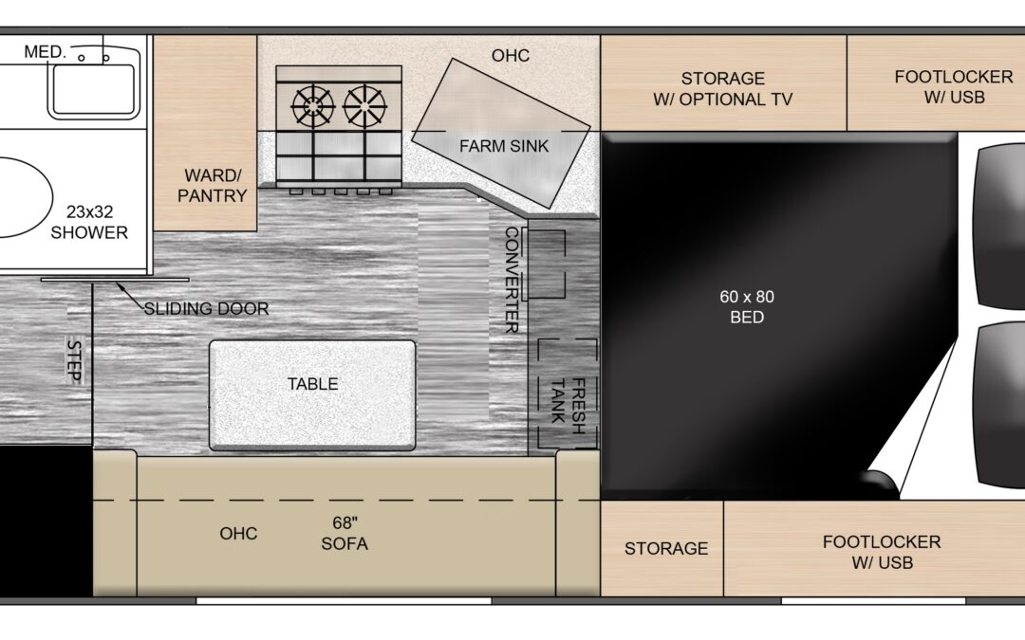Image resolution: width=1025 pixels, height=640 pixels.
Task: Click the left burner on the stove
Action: point(313,106)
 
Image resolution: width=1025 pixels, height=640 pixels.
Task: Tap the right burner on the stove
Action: point(364,106)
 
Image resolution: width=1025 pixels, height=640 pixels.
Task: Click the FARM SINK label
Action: point(503,146)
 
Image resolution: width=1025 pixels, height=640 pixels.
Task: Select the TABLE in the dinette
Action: point(312,395)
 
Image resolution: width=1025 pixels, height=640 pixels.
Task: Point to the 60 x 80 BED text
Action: point(747,306)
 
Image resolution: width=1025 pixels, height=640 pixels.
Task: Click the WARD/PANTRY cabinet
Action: point(205,134)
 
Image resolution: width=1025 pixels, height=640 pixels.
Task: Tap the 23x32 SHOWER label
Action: point(89,222)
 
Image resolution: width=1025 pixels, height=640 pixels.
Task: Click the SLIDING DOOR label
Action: point(206,308)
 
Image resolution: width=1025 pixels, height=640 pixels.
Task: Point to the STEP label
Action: point(74,360)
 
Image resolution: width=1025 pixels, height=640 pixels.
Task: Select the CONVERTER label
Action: point(512,280)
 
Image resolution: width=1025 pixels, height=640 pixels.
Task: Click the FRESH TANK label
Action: point(568,406)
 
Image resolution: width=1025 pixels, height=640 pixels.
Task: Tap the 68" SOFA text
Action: point(345,533)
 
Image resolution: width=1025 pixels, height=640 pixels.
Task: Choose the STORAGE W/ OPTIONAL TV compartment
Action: point(723,82)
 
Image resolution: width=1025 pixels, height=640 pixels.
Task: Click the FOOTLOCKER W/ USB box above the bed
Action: point(936,82)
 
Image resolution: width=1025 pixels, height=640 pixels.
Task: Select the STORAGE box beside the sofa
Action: point(662,549)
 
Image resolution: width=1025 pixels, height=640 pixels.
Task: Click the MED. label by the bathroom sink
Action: point(46,51)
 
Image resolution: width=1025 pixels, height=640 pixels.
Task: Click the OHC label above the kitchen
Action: point(511,56)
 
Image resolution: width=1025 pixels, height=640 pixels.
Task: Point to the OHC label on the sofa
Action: point(238,534)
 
